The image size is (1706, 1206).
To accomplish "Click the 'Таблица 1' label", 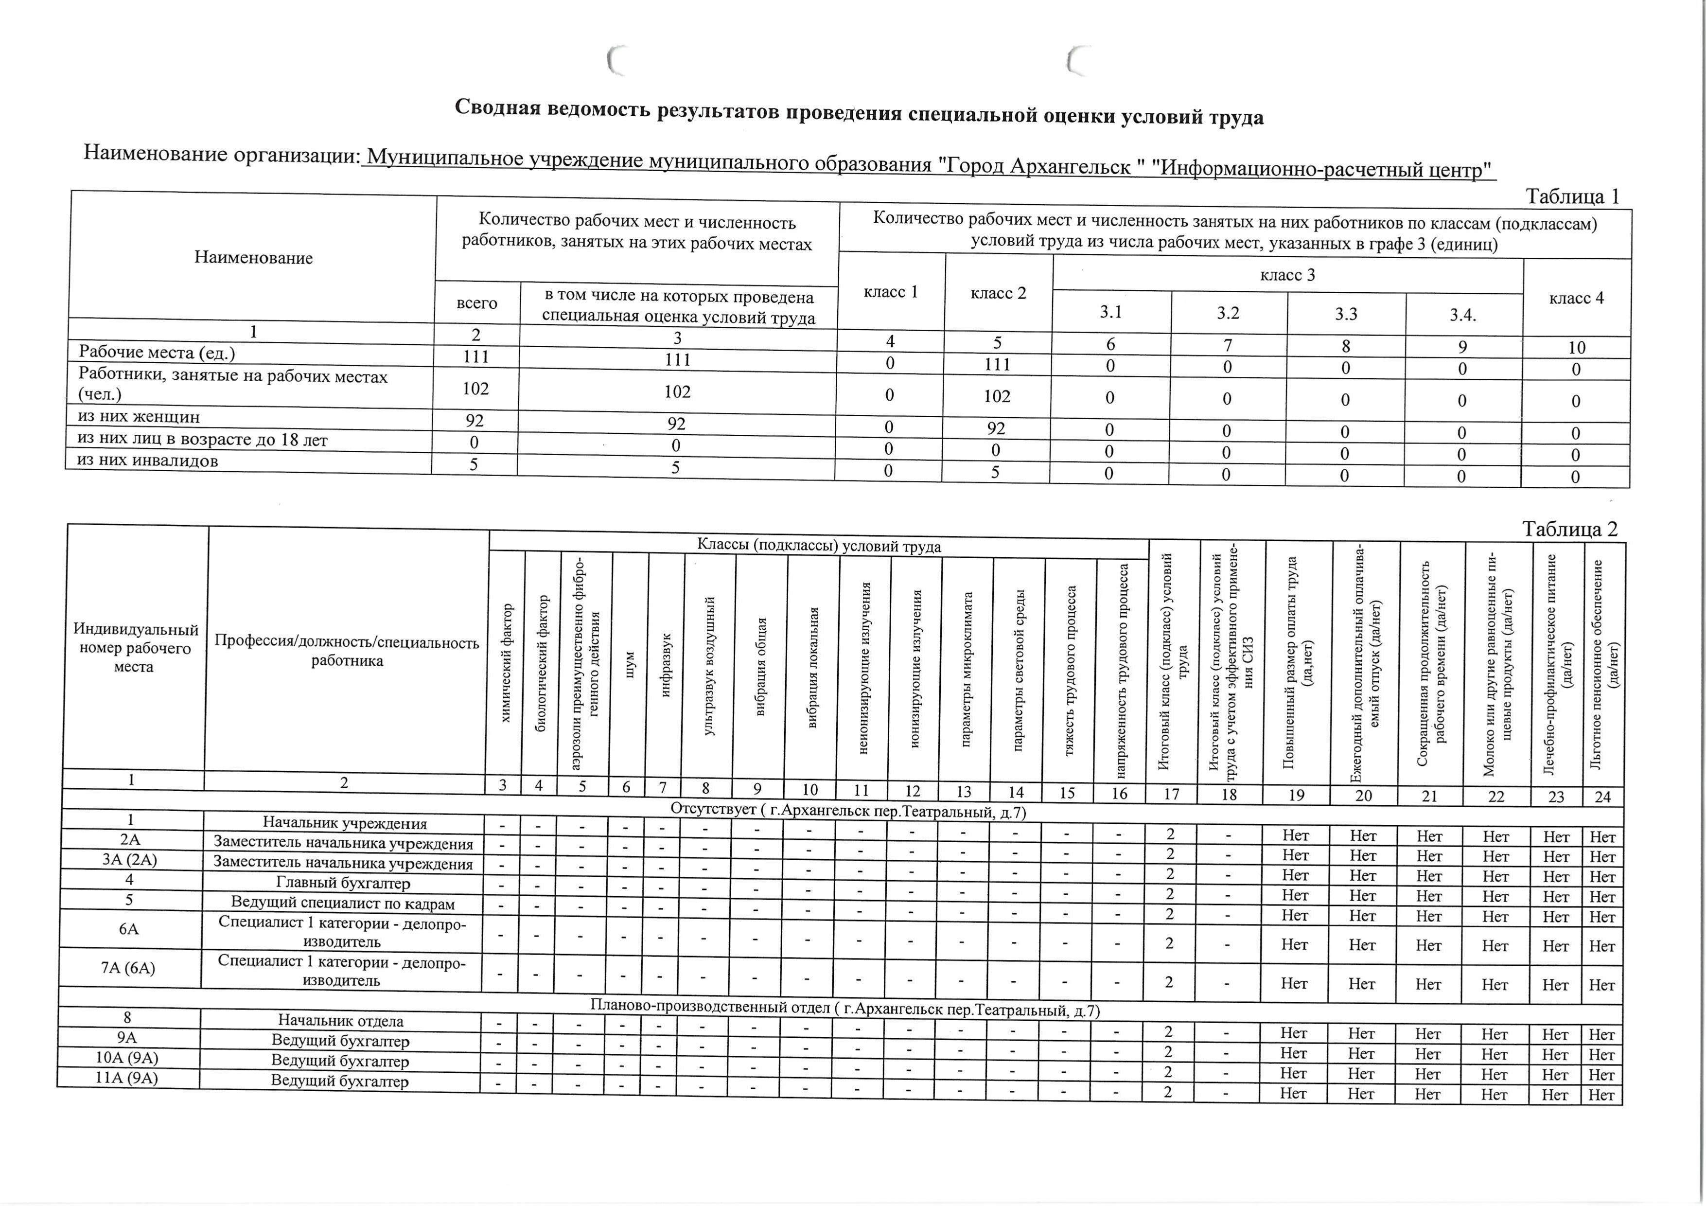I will tap(1571, 197).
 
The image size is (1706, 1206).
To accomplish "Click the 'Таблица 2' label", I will tap(1569, 529).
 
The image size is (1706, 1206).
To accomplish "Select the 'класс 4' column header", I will tap(1576, 299).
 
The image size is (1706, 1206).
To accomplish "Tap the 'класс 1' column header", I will tap(891, 292).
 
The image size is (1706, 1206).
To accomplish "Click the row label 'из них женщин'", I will tap(139, 417).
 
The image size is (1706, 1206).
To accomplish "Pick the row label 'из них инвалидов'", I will tap(148, 461).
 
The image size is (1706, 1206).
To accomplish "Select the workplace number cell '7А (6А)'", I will tap(128, 968).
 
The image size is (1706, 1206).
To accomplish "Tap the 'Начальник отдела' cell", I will tap(341, 1021).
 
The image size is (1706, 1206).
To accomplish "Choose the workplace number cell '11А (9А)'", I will tap(127, 1078).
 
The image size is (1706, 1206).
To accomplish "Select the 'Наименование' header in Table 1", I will tap(253, 258).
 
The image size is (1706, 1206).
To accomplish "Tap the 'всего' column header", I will tap(477, 303).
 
